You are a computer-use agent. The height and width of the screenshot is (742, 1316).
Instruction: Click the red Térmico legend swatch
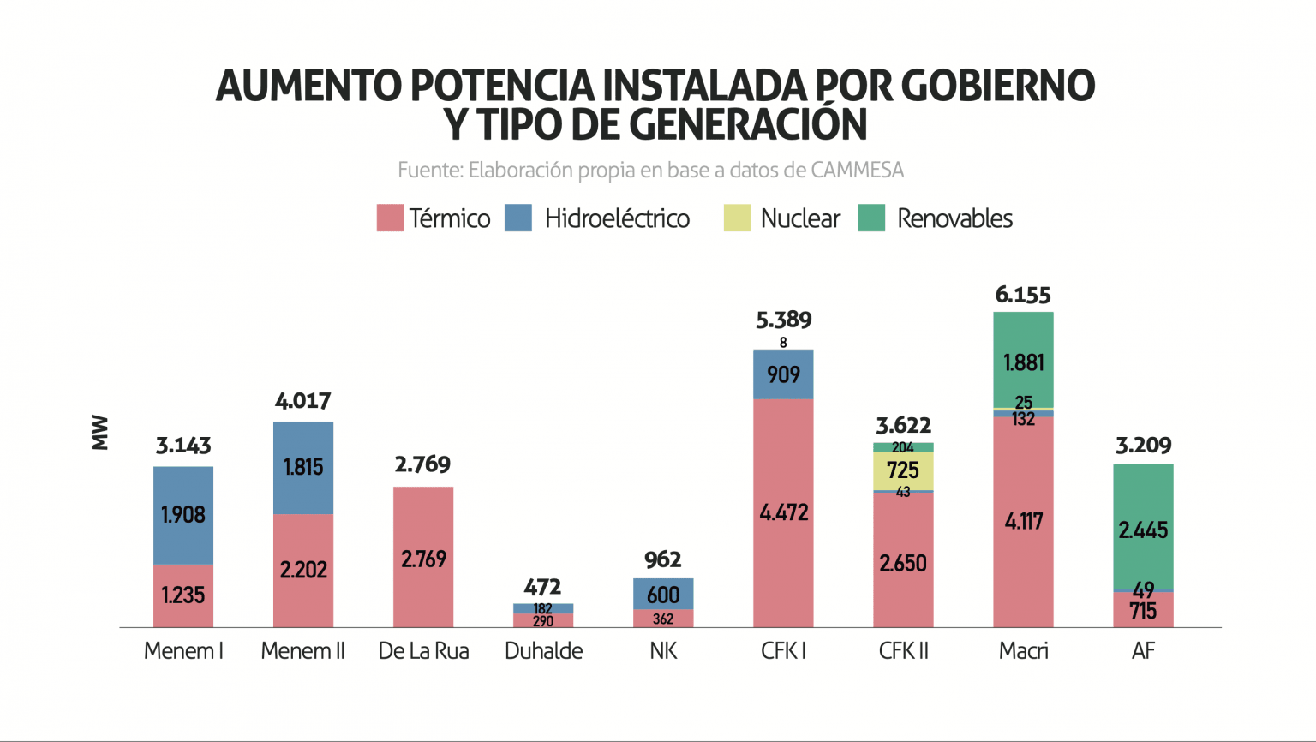[390, 218]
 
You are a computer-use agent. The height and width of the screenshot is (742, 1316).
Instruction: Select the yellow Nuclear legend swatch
[737, 218]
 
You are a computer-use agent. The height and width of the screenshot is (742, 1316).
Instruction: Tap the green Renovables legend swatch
[870, 218]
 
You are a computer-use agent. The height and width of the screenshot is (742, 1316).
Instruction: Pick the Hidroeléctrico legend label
[617, 218]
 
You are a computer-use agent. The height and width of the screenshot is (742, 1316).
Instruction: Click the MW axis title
[100, 433]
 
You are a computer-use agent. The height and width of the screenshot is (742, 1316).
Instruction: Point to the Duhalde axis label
[543, 651]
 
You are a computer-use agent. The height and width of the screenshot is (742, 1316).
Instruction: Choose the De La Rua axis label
[423, 651]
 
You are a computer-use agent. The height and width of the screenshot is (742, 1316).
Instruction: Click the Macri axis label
[1023, 651]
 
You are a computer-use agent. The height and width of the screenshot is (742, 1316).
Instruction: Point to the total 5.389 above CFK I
[783, 320]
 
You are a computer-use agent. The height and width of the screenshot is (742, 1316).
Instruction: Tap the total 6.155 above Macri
[1023, 295]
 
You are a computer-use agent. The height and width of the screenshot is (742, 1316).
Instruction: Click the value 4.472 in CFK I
[783, 512]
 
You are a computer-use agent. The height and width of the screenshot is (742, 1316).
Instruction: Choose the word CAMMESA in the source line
[857, 170]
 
